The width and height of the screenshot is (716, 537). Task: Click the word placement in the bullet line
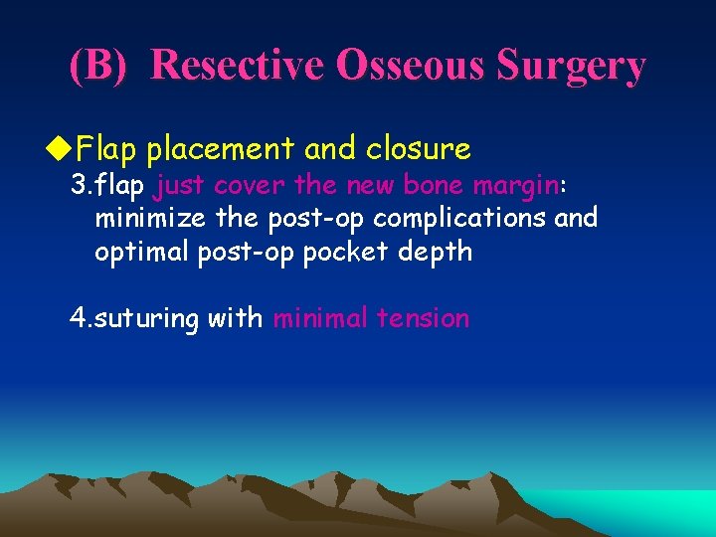click(221, 150)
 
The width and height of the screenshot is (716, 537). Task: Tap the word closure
click(418, 149)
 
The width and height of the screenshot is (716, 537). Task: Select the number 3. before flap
click(81, 186)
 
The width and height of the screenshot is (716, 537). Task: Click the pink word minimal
click(319, 318)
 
